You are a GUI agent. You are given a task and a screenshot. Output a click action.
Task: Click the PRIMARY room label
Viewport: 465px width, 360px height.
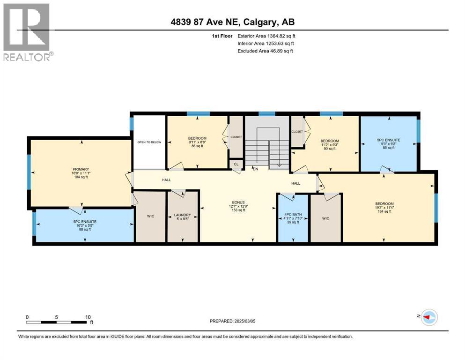(x=81, y=169)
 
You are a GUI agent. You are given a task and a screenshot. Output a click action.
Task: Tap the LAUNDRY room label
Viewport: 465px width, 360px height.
(x=183, y=215)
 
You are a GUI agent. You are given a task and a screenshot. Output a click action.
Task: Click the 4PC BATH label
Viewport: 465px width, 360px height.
(x=293, y=215)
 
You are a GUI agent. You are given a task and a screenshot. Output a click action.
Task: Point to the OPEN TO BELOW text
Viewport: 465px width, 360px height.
(x=149, y=142)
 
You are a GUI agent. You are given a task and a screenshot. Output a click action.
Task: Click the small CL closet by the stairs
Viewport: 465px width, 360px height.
(x=236, y=165)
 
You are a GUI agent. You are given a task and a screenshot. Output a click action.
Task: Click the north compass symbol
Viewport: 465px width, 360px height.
(x=427, y=317)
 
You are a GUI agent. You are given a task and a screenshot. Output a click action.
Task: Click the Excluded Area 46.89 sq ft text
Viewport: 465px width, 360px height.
(x=265, y=51)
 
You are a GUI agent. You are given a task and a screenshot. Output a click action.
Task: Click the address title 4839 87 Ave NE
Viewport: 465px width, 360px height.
(x=232, y=22)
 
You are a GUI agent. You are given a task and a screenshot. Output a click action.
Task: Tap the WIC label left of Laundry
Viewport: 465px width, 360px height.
(x=150, y=216)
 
